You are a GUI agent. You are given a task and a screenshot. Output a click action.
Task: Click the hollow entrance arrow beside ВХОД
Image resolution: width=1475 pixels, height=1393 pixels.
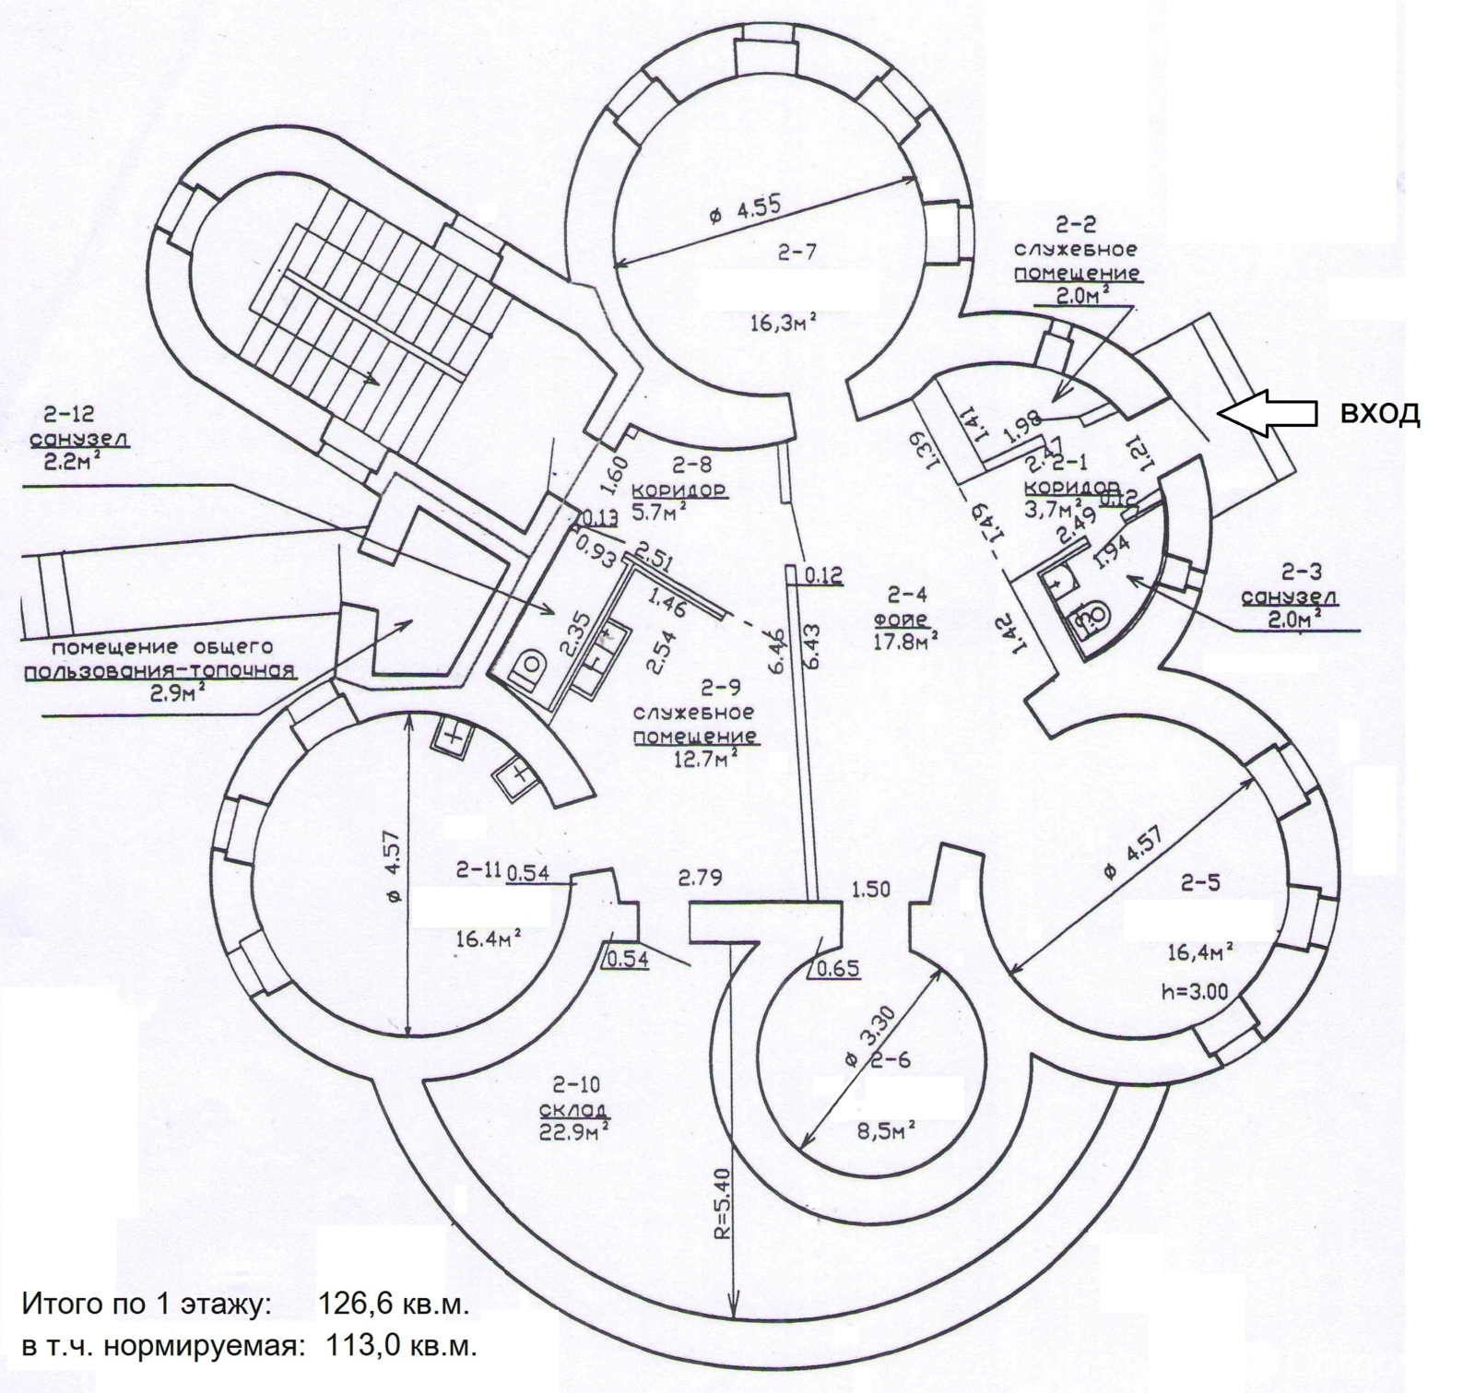(x=1267, y=412)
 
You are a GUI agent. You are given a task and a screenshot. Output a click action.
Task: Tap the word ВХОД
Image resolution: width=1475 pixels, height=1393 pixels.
(x=1379, y=414)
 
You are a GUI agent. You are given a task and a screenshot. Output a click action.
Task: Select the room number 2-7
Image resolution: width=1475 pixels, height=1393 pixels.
(x=796, y=252)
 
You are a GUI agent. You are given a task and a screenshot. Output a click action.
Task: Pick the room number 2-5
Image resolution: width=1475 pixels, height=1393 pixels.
(x=1200, y=882)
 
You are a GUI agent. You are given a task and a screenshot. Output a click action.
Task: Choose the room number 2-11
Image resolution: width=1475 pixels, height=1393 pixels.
(x=478, y=869)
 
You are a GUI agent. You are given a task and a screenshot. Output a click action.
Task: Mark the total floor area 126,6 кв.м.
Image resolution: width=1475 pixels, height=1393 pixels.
(x=393, y=1304)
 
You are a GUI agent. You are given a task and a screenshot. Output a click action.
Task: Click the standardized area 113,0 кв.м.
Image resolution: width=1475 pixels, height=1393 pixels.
(x=402, y=1347)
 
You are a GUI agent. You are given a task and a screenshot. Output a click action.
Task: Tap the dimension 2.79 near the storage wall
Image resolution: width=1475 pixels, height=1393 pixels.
(x=700, y=877)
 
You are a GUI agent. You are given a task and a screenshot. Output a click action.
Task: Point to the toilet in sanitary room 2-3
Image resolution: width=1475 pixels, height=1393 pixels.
(x=1094, y=614)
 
